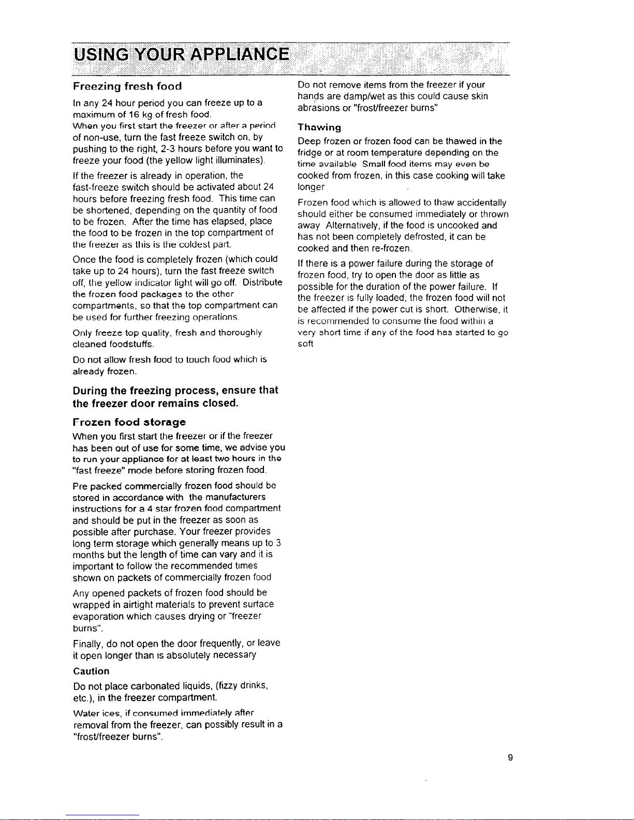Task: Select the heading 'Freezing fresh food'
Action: pyautogui.click(x=127, y=86)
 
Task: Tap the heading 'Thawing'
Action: pyautogui.click(x=319, y=127)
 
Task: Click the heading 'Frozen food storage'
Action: pyautogui.click(x=129, y=422)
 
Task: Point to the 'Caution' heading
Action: pyautogui.click(x=92, y=672)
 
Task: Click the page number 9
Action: pyautogui.click(x=510, y=758)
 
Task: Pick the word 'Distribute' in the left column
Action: pyautogui.click(x=263, y=282)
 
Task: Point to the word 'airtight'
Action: pyautogui.click(x=139, y=604)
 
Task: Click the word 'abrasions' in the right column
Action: pyautogui.click(x=318, y=108)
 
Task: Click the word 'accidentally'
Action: pyautogui.click(x=481, y=203)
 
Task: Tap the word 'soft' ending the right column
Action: pyautogui.click(x=305, y=344)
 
